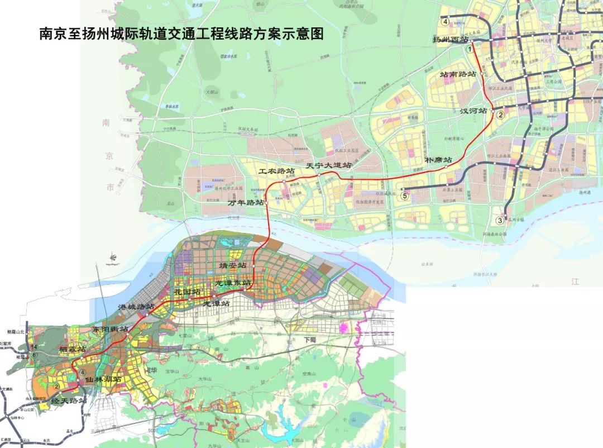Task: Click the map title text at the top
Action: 181,34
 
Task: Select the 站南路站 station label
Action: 458,74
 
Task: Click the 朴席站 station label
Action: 439,160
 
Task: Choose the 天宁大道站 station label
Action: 329,166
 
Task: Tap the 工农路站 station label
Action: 276,170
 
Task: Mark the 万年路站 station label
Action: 246,203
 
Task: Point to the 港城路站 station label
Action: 136,307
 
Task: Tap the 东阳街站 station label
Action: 110,329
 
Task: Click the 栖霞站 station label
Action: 73,349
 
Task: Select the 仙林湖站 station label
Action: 103,379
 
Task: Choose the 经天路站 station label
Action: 69,401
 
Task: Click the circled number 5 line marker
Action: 404,196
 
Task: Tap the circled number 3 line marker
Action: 500,221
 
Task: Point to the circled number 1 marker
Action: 470,49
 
